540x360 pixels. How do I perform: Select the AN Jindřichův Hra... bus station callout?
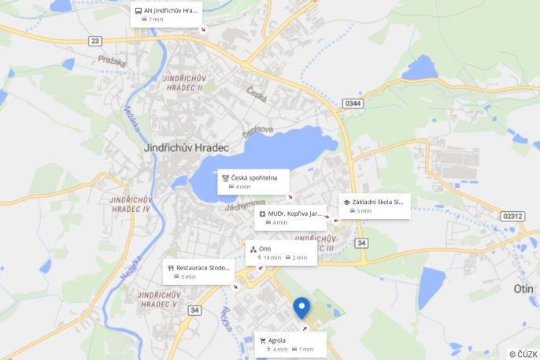click(166, 14)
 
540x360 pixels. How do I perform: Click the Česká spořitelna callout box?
click(253, 181)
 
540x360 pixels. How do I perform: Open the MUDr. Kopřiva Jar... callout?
click(291, 217)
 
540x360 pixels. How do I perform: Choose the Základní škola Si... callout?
click(374, 206)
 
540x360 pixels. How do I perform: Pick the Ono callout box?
click(280, 253)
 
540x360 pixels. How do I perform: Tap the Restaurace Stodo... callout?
click(198, 272)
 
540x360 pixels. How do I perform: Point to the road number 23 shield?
click(95, 41)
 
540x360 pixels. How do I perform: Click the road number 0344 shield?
click(353, 103)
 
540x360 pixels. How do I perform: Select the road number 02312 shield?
click(512, 216)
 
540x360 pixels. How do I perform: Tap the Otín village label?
click(523, 289)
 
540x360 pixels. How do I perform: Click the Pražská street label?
click(113, 60)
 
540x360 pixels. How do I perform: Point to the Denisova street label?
click(257, 130)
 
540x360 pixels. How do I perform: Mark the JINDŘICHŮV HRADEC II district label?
click(183, 83)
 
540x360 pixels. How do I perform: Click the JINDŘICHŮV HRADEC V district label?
click(159, 299)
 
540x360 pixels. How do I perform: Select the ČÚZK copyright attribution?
click(523, 354)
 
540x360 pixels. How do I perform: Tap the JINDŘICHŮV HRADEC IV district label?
click(131, 205)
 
